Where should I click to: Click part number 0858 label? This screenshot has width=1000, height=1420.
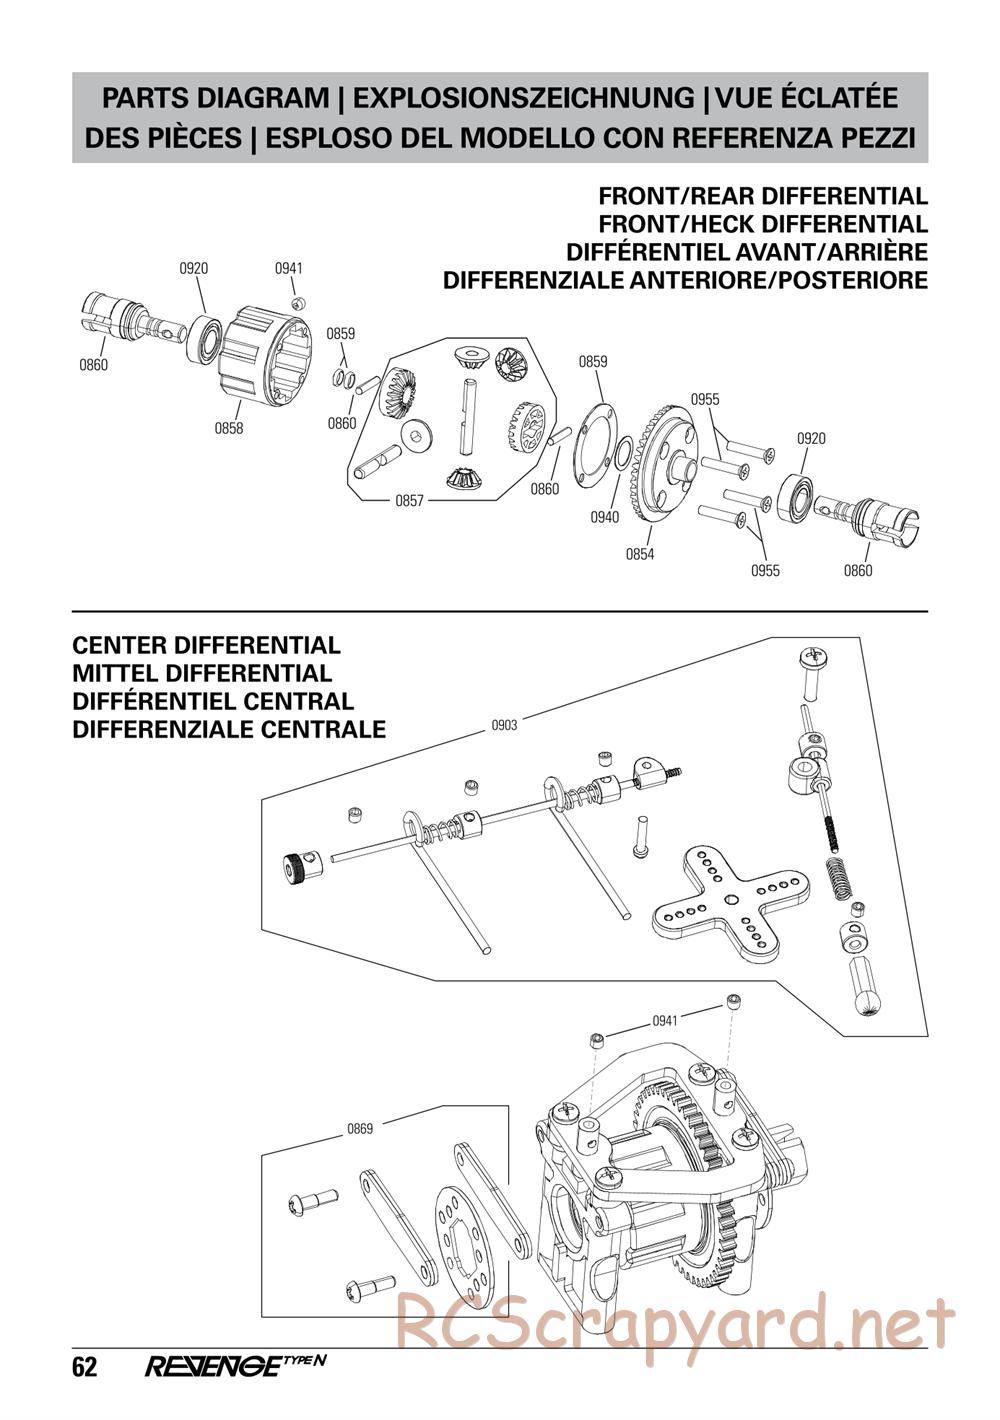coord(228,428)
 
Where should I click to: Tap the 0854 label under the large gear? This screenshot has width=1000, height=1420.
coord(639,554)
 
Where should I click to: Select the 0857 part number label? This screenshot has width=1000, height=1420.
coord(410,500)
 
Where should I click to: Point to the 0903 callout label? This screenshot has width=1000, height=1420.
coord(504,725)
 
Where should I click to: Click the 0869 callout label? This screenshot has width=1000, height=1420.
coord(360,1129)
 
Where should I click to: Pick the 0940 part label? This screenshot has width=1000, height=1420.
coord(604,517)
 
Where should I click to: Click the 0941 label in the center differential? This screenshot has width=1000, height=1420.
coord(665,1021)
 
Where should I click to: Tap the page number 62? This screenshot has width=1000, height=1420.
coord(85,1367)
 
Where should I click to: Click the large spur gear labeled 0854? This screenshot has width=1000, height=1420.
coord(670,465)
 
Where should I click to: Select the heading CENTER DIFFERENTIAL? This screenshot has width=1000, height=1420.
coord(206,646)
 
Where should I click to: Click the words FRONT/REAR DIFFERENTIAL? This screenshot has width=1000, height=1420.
coord(762,196)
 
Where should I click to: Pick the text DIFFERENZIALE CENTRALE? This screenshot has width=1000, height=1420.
coord(229,730)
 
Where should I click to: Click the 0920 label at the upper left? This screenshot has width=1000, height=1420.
coord(194,268)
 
